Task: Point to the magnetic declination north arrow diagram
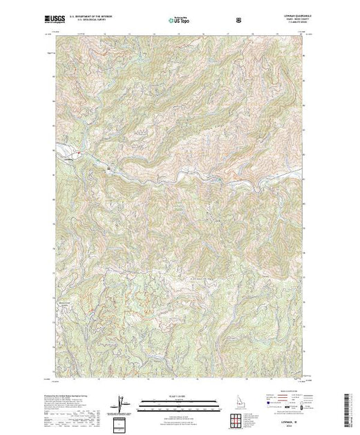click(122, 402)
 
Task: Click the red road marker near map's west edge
click(79, 151)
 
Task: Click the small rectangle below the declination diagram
click(122, 421)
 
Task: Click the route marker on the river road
click(109, 166)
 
